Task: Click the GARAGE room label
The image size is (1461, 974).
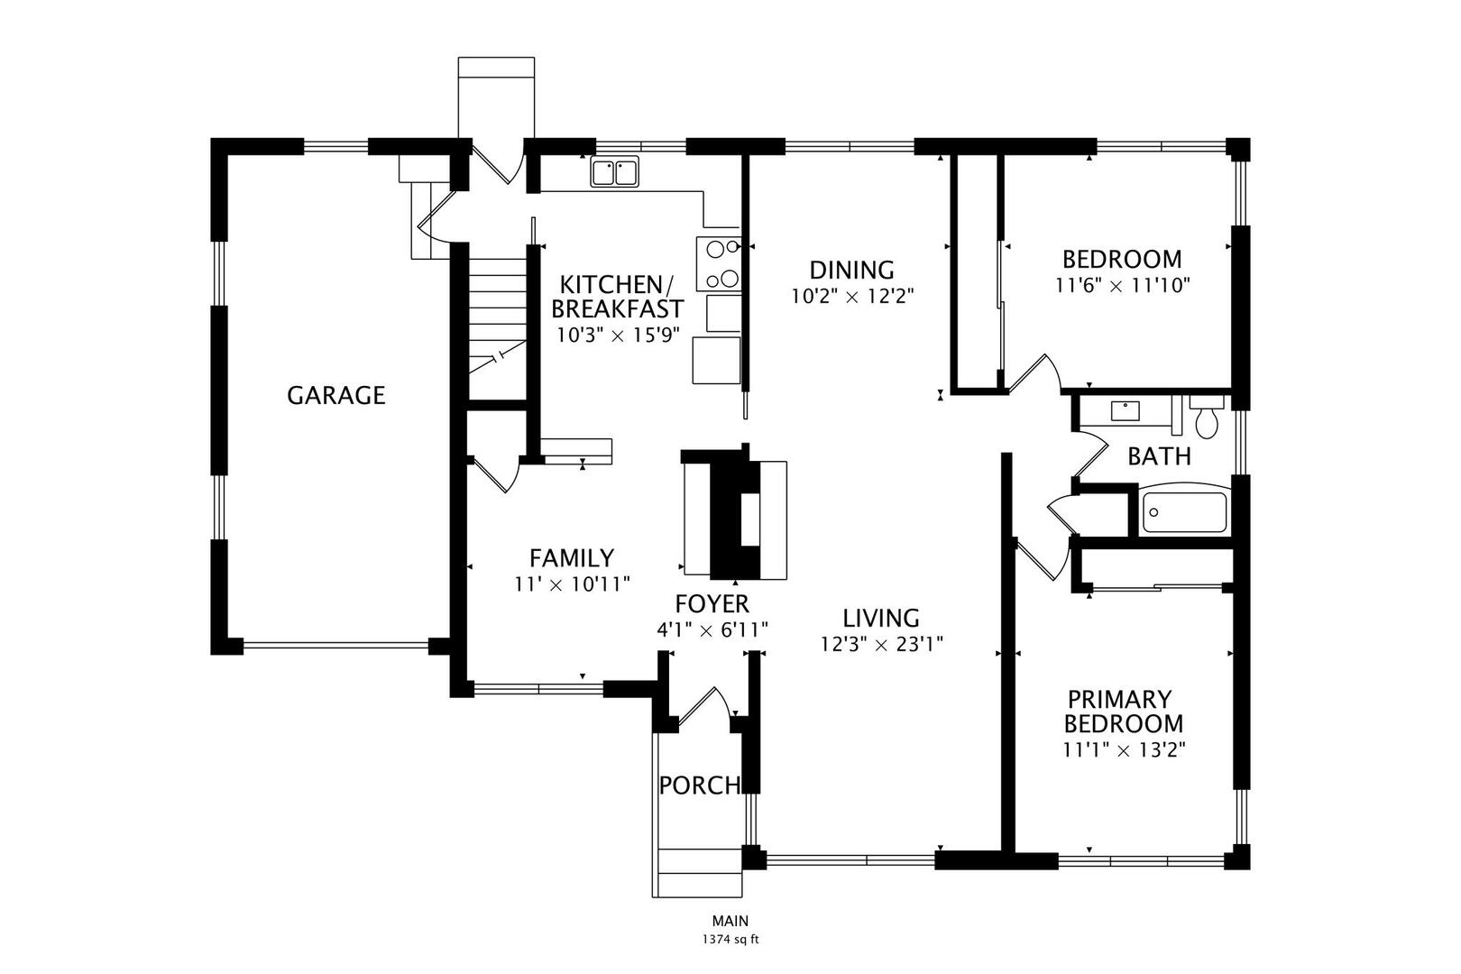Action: [335, 395]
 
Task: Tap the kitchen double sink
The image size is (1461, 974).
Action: [615, 171]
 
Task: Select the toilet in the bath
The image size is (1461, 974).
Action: [1206, 417]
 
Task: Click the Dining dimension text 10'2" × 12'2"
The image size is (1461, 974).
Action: [852, 296]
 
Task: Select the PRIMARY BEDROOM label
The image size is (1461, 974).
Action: [1123, 712]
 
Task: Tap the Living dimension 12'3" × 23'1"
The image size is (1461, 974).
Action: [881, 644]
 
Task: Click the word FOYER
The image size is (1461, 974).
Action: [712, 603]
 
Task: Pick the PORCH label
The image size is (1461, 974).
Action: [700, 786]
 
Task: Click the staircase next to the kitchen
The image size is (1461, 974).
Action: [497, 316]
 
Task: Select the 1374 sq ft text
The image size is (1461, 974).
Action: [730, 939]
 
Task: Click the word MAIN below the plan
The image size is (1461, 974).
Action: [730, 921]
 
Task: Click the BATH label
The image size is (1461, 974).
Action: [1159, 456]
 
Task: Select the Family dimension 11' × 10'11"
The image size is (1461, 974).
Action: [572, 583]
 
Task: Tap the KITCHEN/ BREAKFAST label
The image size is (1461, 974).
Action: [617, 296]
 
